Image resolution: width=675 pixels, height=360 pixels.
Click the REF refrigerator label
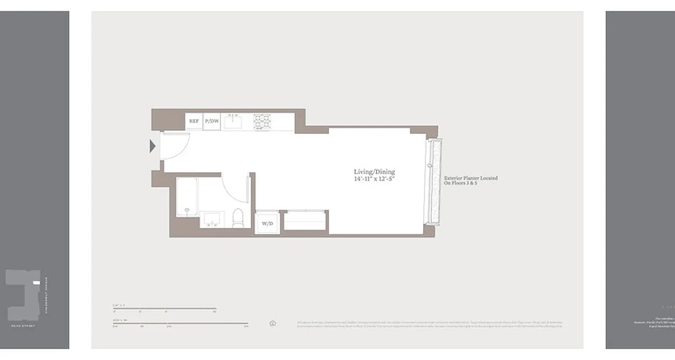point(193,121)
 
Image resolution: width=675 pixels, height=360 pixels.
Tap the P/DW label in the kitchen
point(212,121)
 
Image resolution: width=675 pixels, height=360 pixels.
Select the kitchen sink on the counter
point(233,121)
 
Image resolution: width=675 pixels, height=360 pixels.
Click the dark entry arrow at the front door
point(153,146)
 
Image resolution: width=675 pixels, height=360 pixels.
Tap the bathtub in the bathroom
point(187,197)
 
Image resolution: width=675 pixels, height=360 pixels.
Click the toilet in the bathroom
point(238,218)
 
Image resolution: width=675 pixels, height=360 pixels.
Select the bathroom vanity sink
point(211,219)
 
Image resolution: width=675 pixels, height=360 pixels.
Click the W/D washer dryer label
point(267,224)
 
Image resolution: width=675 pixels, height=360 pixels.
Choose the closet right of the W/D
point(305,220)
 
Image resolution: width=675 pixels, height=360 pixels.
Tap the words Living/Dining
point(374,172)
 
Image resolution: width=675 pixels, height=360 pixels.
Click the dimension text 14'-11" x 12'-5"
point(374,179)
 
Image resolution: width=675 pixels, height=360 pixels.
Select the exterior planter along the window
point(435,182)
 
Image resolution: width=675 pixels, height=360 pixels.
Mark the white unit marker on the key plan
point(36,283)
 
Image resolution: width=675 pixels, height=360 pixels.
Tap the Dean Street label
point(23,325)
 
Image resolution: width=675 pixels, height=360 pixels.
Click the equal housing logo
point(273,323)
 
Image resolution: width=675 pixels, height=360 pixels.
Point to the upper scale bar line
point(165,308)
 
